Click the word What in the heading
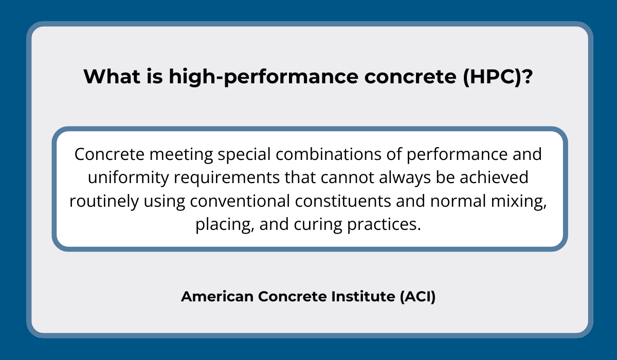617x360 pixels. click(112, 76)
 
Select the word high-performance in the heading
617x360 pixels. click(264, 77)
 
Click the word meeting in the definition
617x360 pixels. click(181, 154)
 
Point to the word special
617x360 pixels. click(244, 154)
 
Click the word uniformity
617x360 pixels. click(128, 177)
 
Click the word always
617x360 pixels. click(405, 177)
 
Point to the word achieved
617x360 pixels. click(494, 177)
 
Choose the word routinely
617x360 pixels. click(104, 201)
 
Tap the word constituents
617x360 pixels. click(343, 201)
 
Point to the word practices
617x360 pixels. click(384, 225)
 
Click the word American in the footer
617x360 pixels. click(217, 296)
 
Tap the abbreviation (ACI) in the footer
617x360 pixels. click(418, 297)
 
